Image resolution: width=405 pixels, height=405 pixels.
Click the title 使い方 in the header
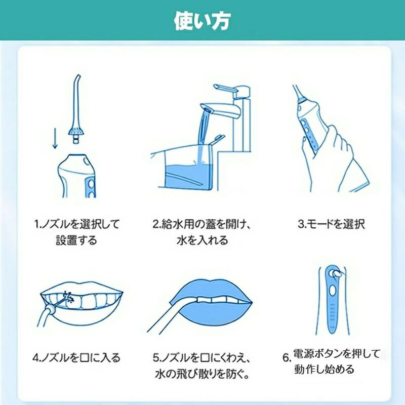(x=202, y=21)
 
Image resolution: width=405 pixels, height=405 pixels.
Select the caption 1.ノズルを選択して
(x=77, y=224)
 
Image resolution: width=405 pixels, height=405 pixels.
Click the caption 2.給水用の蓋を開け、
(x=201, y=224)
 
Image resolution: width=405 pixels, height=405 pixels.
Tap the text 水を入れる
(x=202, y=240)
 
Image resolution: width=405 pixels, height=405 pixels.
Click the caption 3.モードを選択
(x=331, y=224)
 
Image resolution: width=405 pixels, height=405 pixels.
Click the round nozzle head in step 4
(x=50, y=309)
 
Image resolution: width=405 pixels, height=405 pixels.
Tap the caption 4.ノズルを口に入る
(x=76, y=358)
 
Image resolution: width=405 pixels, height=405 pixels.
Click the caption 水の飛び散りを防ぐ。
(x=202, y=374)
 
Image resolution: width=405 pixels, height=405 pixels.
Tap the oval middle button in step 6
(x=332, y=291)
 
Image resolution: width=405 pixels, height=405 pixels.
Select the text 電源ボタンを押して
(x=337, y=353)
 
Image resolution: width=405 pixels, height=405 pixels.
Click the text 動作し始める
(x=324, y=369)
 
